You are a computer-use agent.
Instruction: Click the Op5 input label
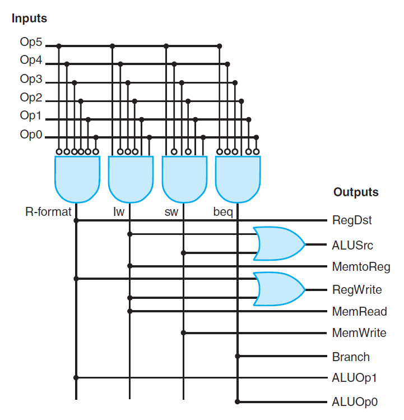coord(31,43)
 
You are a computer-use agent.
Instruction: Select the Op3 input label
coord(31,80)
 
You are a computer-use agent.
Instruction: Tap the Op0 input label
coord(31,135)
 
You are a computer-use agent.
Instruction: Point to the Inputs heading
coord(29,19)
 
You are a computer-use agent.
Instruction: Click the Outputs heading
coord(356,192)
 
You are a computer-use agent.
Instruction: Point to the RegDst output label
coord(351,220)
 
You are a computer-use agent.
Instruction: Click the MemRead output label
coord(359,311)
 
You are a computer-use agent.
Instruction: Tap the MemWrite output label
coord(359,333)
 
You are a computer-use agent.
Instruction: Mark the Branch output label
coord(351,357)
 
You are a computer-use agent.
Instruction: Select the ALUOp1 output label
coord(354,378)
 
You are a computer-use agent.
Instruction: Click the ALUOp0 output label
coord(354,401)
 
